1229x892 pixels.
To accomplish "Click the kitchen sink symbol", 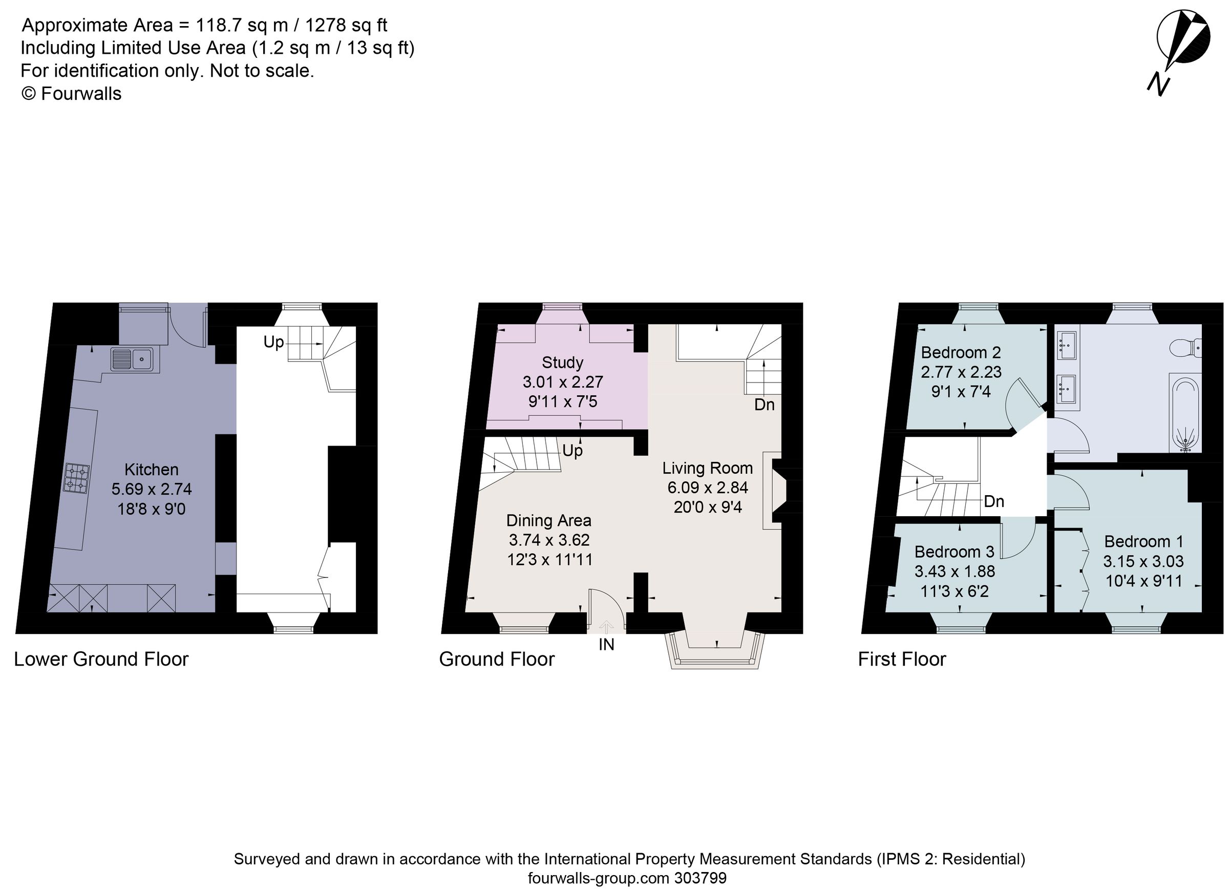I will pos(134,359).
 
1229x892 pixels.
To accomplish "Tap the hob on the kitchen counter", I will pos(76,478).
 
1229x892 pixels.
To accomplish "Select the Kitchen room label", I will pos(151,470).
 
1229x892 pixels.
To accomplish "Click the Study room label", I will pos(562,363).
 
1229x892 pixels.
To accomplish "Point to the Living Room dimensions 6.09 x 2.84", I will pos(707,487).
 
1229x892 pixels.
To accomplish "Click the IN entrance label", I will pos(606,645).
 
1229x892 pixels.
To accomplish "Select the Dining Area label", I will pos(548,521).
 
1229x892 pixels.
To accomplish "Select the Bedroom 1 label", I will pos(1143,541).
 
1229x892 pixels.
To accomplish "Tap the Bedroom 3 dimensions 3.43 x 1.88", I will pos(955,571).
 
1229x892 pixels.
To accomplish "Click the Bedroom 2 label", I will pos(961,353).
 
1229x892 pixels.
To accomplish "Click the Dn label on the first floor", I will pos(994,501).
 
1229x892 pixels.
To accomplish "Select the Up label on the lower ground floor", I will pos(273,342).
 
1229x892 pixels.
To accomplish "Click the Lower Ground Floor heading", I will pos(101,660).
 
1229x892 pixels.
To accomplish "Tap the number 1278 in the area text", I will pos(326,25).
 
